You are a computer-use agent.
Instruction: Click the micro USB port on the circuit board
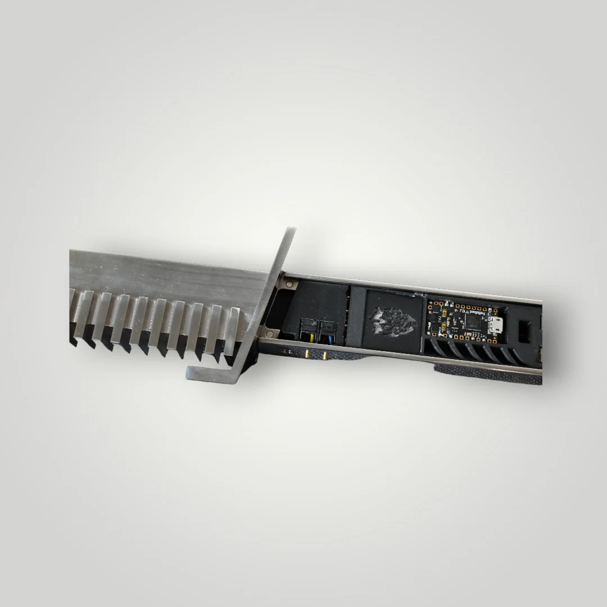click(495, 324)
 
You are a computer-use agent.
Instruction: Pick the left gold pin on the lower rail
click(309, 355)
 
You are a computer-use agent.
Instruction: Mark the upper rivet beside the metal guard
click(289, 286)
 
